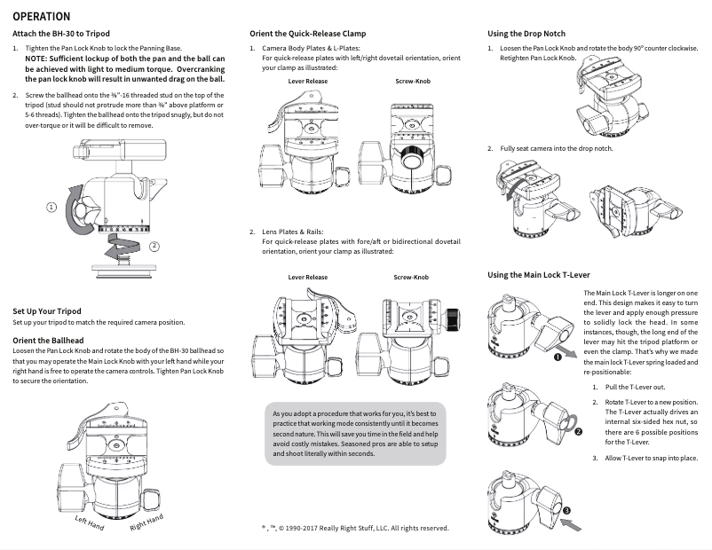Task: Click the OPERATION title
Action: tap(48, 17)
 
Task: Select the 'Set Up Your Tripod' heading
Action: tap(47, 311)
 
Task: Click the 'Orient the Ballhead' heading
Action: tap(48, 340)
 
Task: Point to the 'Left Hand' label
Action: tap(89, 523)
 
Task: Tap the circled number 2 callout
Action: tap(154, 246)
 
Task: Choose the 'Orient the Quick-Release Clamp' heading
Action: tap(307, 34)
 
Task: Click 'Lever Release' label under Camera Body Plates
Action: tap(307, 82)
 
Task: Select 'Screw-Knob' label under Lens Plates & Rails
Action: tap(411, 278)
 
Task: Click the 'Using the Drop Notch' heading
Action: tap(526, 34)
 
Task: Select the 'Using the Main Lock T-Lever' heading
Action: tap(539, 275)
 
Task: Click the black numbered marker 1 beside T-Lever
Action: tap(557, 357)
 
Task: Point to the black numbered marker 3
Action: tap(566, 511)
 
